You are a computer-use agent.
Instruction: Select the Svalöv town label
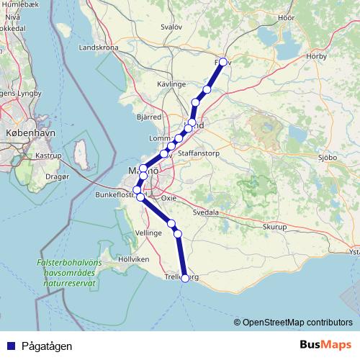click(x=171, y=26)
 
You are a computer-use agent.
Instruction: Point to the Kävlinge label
click(x=171, y=84)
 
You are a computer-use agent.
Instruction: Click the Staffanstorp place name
click(x=198, y=153)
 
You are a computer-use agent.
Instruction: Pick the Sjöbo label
click(x=328, y=156)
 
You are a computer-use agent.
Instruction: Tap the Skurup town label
click(x=274, y=226)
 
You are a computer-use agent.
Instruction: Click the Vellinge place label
click(x=148, y=233)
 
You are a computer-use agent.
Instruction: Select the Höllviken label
click(x=134, y=258)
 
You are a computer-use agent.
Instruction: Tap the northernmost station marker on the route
click(x=223, y=62)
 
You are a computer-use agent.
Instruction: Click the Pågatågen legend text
click(x=47, y=346)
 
